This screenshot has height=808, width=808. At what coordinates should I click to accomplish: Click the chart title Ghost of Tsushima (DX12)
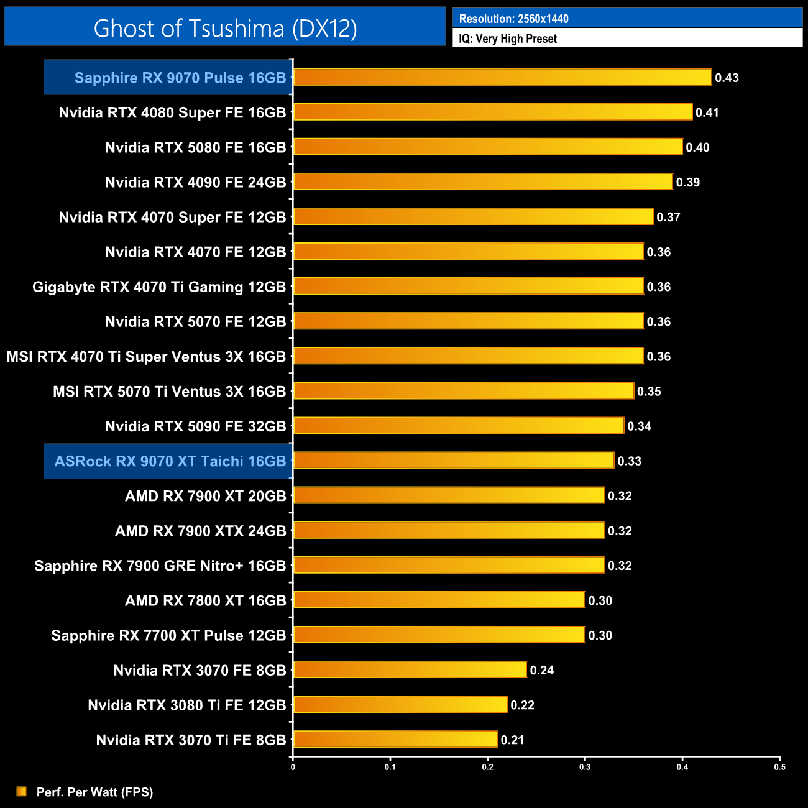click(225, 28)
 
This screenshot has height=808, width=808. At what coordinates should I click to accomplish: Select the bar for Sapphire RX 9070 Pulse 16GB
click(502, 77)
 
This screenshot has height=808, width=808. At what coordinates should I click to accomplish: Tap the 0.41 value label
click(707, 112)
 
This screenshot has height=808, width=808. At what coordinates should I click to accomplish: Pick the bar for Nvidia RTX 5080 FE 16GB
click(488, 147)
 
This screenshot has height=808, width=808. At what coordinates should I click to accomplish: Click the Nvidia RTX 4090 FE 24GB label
click(195, 182)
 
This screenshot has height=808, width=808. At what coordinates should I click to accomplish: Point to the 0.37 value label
click(668, 217)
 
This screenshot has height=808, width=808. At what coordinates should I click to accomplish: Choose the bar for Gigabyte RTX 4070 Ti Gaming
click(468, 286)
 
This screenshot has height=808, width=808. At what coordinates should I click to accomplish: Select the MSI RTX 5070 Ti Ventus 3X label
click(169, 392)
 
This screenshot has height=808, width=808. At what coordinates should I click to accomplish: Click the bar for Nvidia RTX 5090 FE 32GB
click(459, 426)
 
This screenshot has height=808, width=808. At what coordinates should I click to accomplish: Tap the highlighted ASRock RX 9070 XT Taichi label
click(170, 461)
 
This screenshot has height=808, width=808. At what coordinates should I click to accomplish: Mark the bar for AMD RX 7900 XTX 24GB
click(449, 530)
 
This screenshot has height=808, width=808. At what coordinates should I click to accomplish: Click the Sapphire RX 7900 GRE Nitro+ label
click(160, 566)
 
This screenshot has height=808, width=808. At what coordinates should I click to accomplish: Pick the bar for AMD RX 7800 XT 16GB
click(439, 600)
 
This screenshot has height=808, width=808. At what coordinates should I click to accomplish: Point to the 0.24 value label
click(541, 670)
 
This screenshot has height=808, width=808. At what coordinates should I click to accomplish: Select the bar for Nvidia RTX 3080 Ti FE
click(400, 704)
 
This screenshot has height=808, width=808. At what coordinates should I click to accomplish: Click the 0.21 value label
click(512, 740)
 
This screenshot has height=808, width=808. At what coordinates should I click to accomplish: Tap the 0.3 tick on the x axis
click(585, 767)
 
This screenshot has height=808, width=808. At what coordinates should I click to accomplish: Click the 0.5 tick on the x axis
click(779, 767)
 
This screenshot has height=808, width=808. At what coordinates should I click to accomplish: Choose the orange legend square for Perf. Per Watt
click(22, 791)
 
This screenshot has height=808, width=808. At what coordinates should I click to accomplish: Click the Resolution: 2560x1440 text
click(513, 19)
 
